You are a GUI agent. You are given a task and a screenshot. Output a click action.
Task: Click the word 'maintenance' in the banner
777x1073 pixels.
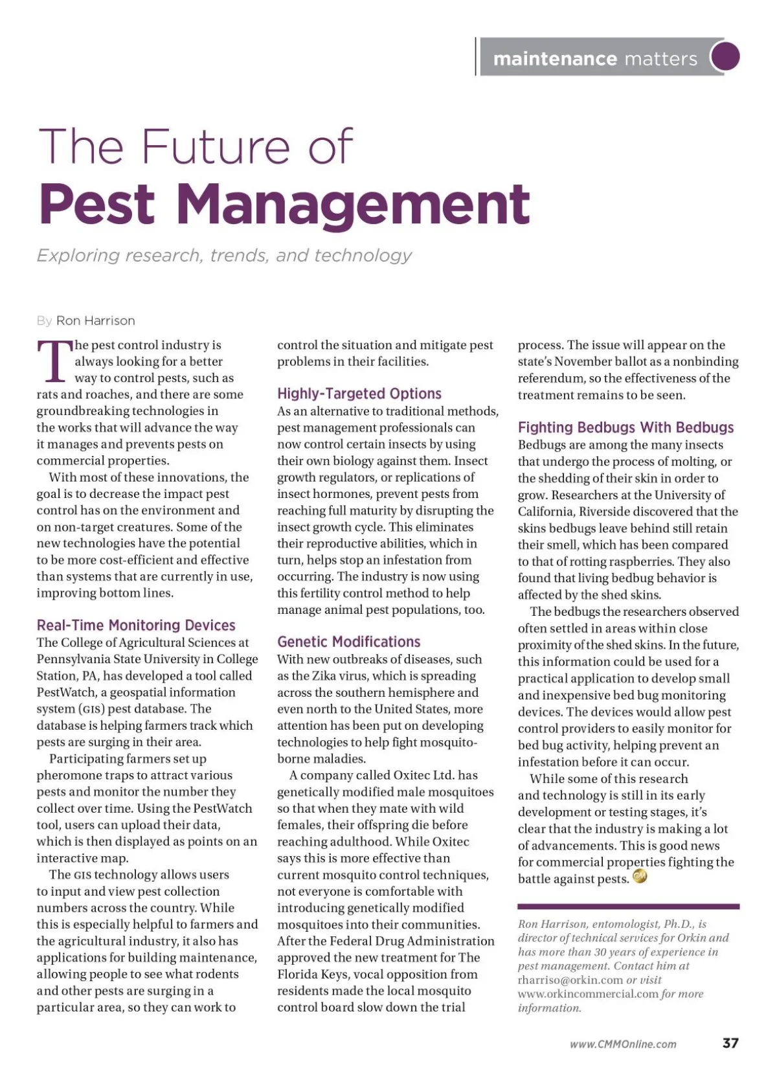tap(555, 59)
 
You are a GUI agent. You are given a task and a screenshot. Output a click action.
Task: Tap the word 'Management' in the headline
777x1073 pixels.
tap(353, 204)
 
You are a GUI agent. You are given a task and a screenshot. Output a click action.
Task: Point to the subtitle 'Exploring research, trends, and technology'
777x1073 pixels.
tap(224, 255)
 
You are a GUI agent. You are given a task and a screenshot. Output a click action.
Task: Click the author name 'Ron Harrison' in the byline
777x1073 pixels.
tap(96, 321)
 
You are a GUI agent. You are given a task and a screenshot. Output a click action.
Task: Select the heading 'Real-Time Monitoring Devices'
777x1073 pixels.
tap(136, 625)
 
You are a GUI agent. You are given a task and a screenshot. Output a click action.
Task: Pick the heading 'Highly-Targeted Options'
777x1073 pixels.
tap(359, 393)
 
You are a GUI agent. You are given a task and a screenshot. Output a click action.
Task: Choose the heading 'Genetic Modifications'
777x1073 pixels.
tap(348, 642)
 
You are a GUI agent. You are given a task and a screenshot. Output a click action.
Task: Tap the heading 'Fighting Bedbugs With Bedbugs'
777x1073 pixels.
tap(625, 427)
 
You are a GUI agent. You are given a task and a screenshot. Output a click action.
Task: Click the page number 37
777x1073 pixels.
tap(730, 1043)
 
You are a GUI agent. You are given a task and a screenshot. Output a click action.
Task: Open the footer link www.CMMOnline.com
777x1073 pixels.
tap(623, 1044)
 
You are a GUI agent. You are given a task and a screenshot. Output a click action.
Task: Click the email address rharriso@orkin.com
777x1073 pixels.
tap(570, 980)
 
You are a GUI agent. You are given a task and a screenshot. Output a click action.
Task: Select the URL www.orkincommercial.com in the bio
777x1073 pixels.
tap(588, 994)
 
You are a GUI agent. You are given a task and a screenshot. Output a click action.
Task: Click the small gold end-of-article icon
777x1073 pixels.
tap(640, 877)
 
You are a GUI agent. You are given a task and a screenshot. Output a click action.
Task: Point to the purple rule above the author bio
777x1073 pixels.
tap(628, 907)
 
